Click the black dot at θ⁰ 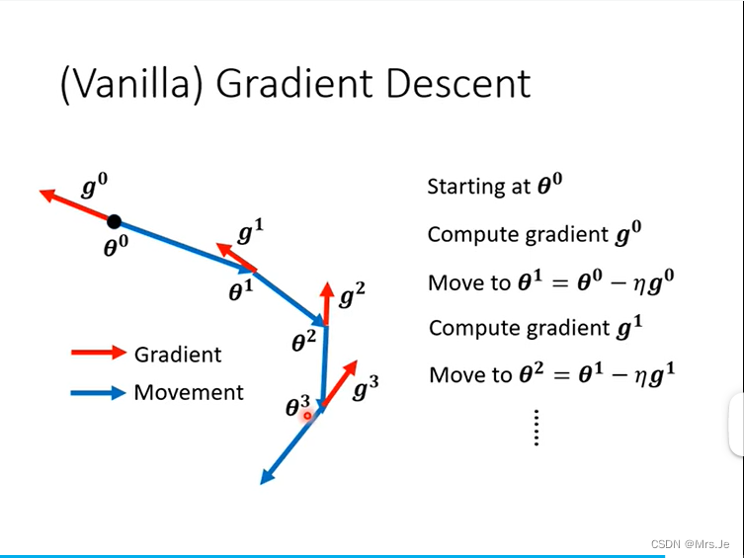click(x=115, y=221)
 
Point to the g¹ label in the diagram click(x=251, y=233)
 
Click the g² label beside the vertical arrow click(x=352, y=293)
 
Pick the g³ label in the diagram click(x=366, y=388)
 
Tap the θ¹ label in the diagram click(x=241, y=290)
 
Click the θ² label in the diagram click(x=303, y=342)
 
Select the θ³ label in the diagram click(x=297, y=406)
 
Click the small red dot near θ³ click(x=307, y=416)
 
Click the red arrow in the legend click(x=99, y=353)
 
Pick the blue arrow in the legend click(x=99, y=392)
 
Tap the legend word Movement click(x=189, y=392)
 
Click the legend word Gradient click(x=178, y=354)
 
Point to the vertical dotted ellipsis click(x=536, y=427)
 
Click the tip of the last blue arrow click(x=263, y=482)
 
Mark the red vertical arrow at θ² click(x=326, y=301)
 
